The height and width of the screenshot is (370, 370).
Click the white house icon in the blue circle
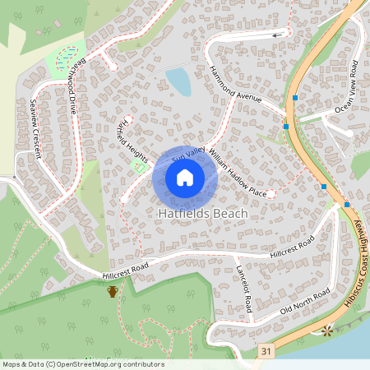[185, 178]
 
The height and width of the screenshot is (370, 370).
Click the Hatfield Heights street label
[132, 139]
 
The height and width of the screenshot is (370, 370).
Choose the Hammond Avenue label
[234, 84]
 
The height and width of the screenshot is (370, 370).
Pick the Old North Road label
[305, 303]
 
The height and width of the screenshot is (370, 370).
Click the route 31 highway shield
[265, 351]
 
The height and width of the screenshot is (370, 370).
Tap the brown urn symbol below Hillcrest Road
[112, 290]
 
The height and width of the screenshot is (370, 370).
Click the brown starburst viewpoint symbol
[327, 331]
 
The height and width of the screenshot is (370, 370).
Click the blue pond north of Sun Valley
[178, 81]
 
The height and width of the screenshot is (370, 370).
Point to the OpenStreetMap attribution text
[82, 364]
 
